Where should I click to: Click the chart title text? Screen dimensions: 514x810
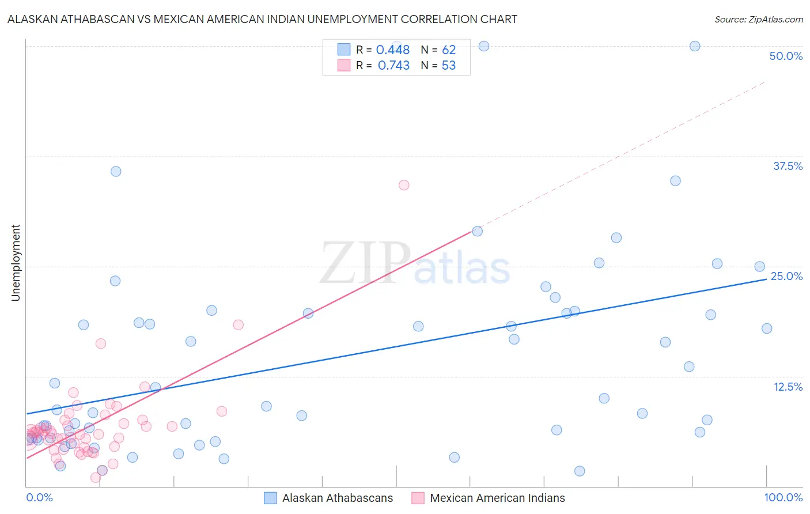262,19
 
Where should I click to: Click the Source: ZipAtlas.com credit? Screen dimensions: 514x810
758,19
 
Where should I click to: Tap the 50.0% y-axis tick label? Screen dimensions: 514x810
786,56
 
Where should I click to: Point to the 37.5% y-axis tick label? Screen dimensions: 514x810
788,166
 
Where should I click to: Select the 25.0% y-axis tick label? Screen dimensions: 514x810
786,276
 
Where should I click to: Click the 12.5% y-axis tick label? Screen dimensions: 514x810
788,387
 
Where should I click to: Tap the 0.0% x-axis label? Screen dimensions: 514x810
40,497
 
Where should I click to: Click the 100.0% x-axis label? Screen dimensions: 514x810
783,497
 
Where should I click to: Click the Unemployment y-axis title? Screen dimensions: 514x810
16,263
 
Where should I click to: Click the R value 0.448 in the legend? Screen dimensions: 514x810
393,50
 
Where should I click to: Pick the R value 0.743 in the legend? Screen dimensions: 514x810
393,66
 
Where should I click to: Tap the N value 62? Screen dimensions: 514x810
449,50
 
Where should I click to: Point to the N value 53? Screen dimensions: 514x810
449,66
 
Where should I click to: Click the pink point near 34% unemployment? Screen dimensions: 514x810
404,185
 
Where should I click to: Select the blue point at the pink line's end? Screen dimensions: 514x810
477,231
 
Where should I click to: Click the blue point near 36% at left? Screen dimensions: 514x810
116,171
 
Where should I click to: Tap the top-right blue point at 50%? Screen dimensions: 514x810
695,46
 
